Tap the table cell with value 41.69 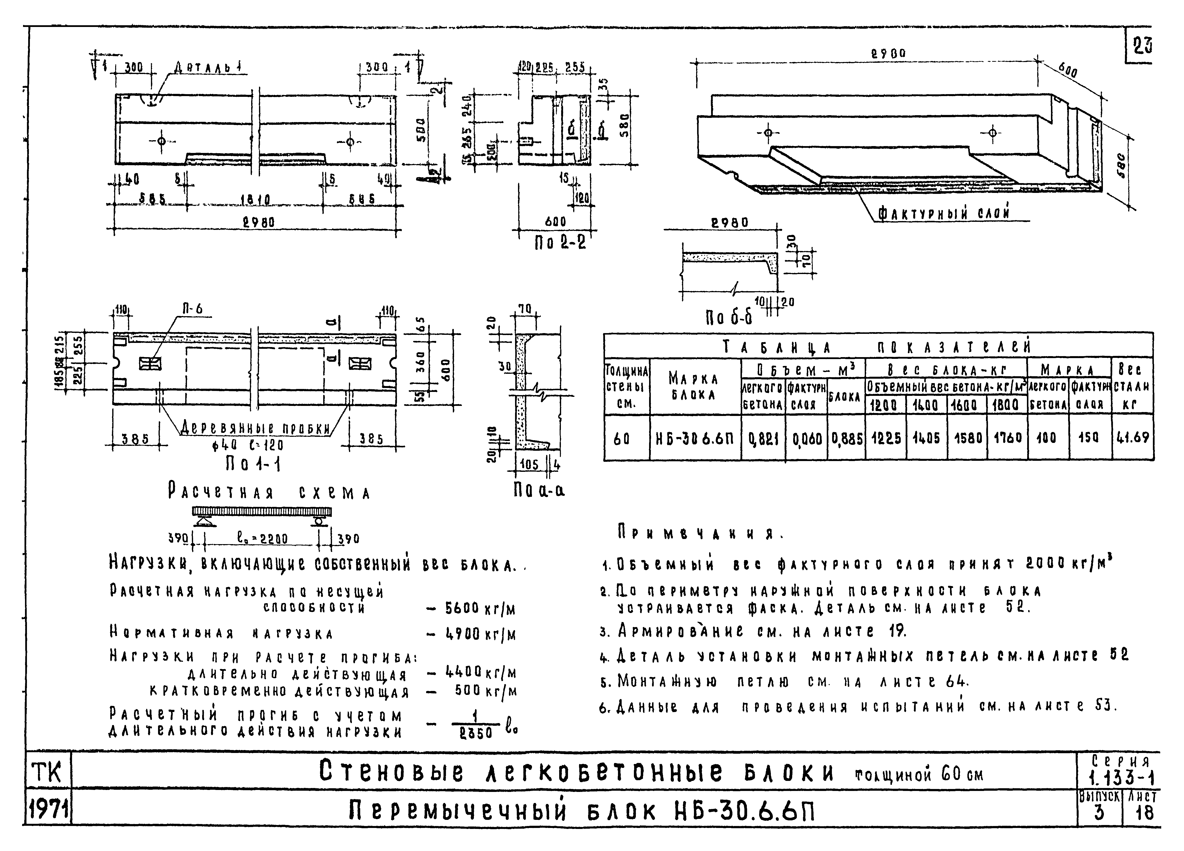(1133, 438)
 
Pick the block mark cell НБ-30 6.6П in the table (695, 438)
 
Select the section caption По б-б (729, 316)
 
